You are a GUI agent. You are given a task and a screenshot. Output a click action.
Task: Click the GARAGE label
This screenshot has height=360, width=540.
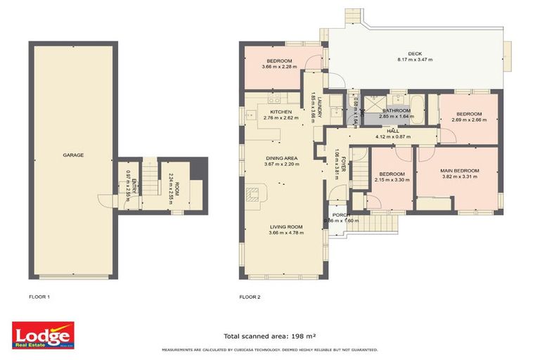tap(72, 155)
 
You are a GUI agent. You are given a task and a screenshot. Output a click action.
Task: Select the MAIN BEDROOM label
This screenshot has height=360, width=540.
tap(460, 171)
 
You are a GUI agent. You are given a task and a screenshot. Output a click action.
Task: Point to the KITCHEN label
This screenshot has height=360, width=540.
tap(281, 112)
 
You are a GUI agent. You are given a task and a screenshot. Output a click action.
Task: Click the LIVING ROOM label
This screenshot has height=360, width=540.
tap(287, 226)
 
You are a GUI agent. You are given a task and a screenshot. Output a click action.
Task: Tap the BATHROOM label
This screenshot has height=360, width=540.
tap(397, 111)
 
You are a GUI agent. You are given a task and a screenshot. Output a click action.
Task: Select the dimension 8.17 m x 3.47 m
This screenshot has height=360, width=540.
tap(416, 60)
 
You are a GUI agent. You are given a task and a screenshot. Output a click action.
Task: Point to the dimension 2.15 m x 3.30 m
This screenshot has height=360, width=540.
tap(392, 180)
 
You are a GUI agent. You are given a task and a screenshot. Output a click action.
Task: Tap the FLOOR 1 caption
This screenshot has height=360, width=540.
tap(39, 297)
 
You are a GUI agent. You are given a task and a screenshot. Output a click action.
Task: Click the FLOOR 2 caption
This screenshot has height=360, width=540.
tap(250, 297)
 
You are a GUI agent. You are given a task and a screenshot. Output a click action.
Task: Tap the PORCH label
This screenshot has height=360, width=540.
tap(341, 214)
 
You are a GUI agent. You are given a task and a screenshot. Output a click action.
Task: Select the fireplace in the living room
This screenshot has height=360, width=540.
tap(254, 195)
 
